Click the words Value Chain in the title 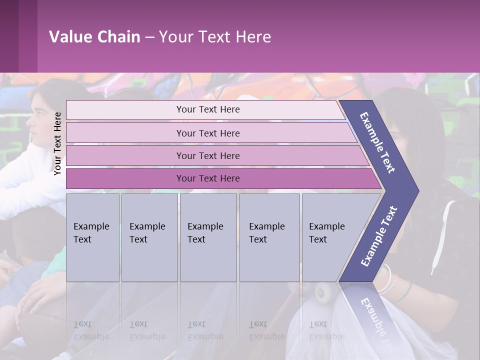pyautogui.click(x=94, y=37)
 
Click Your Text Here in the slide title pyautogui.click(x=215, y=37)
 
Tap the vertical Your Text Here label pyautogui.click(x=57, y=143)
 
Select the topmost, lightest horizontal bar pyautogui.click(x=207, y=109)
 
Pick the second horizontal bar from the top pyautogui.click(x=207, y=133)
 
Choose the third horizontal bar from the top pyautogui.click(x=207, y=155)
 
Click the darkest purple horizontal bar pyautogui.click(x=207, y=178)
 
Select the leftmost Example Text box pyautogui.click(x=92, y=237)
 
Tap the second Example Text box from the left pyautogui.click(x=149, y=237)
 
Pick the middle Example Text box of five pyautogui.click(x=208, y=237)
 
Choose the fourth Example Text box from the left pyautogui.click(x=269, y=237)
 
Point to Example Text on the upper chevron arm pyautogui.click(x=378, y=142)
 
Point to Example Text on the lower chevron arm pyautogui.click(x=379, y=236)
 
